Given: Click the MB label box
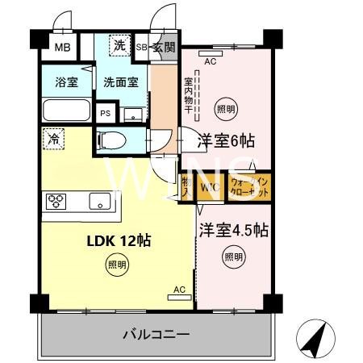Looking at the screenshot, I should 62,47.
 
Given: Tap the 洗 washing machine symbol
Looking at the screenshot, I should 119,46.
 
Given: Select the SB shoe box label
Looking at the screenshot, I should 141,47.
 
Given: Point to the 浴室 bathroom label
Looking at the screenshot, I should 65,81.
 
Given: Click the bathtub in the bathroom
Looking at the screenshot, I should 65,111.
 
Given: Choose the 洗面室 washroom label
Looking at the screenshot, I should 119,81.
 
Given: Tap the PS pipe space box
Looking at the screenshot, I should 105,113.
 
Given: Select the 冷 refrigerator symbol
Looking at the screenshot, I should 52,139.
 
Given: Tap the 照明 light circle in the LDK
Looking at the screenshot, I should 117,265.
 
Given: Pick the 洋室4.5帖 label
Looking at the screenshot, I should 234,228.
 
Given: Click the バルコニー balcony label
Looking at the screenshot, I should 156,333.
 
